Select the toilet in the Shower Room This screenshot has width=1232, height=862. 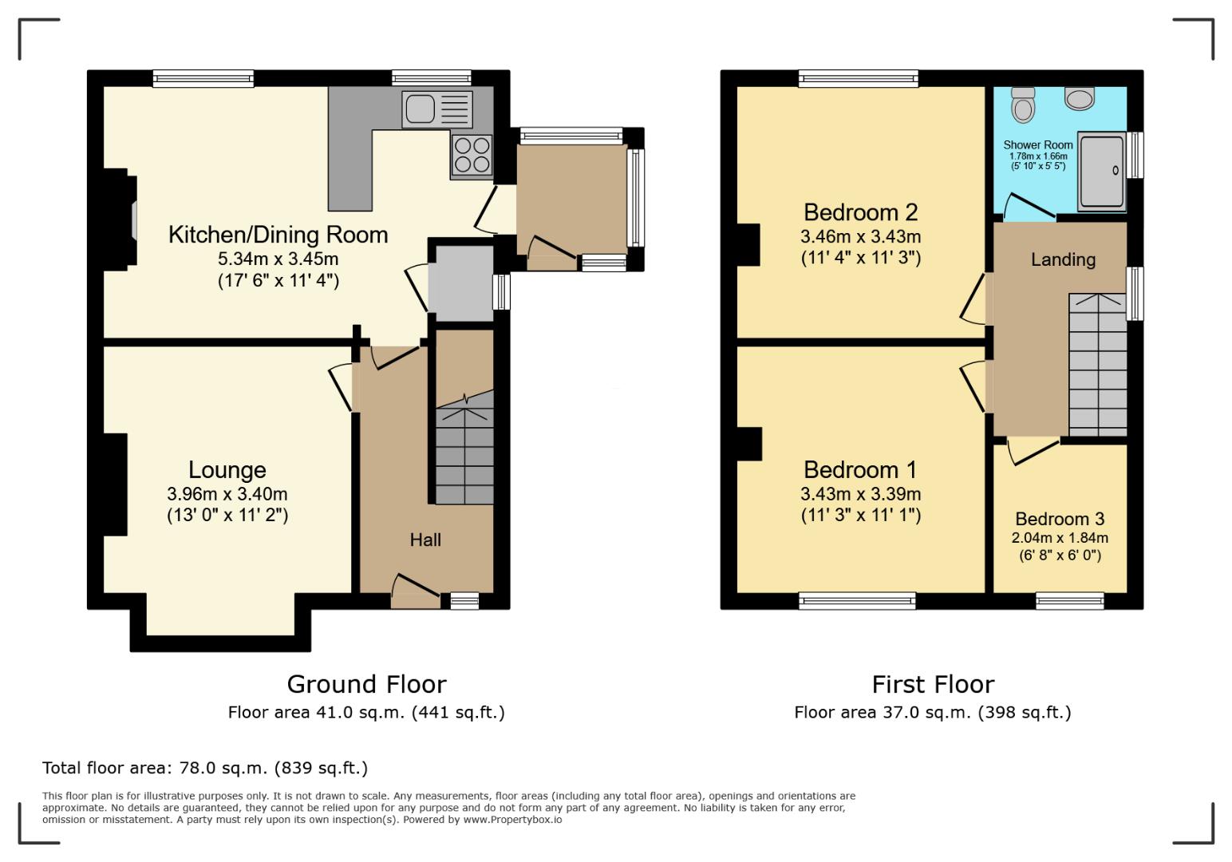tap(1022, 102)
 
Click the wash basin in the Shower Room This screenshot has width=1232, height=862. tap(1080, 99)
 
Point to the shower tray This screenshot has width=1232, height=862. tap(1102, 172)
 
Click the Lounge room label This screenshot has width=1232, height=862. tap(227, 470)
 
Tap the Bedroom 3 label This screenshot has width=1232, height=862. tap(1060, 520)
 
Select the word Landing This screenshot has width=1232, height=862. tap(1063, 259)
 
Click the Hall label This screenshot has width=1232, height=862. tap(425, 540)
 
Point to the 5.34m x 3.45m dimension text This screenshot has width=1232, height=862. tap(278, 259)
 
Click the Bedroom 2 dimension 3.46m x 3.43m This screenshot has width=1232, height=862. tap(860, 237)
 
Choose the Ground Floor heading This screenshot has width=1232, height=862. tap(366, 684)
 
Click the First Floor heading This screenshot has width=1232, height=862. tap(933, 684)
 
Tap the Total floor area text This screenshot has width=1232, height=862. tap(205, 768)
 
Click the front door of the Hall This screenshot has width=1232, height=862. tap(416, 591)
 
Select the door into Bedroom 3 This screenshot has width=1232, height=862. tap(1034, 449)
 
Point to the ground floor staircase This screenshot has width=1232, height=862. tap(464, 455)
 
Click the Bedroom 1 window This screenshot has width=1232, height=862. tap(857, 601)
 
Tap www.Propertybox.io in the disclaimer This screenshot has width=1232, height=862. tap(512, 820)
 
